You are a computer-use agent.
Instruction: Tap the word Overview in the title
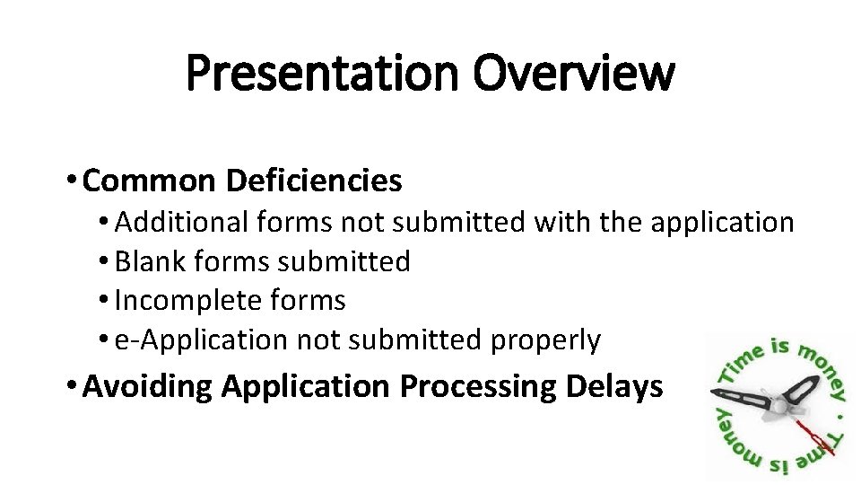tap(575, 74)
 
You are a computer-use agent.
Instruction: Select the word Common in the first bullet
tap(153, 181)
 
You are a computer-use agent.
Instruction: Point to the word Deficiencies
tap(314, 181)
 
